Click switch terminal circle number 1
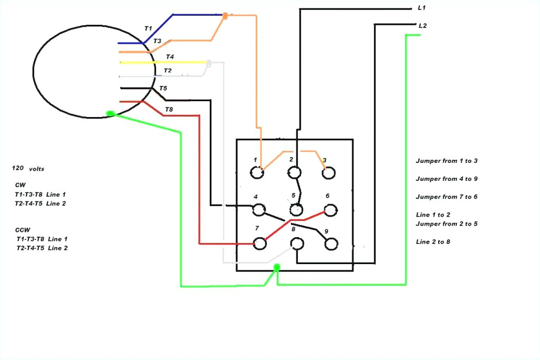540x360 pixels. tap(257, 172)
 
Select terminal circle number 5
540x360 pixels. tap(296, 210)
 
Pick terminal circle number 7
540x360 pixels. tap(259, 244)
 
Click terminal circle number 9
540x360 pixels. tap(331, 244)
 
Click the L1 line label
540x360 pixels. tap(421, 8)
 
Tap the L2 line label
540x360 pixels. tap(422, 25)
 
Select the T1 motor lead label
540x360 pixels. tap(148, 28)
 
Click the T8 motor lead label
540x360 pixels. tap(169, 109)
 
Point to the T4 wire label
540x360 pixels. tap(170, 56)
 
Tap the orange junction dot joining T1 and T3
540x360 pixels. tap(226, 16)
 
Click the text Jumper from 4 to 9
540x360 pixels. tap(446, 179)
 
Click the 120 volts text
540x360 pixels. tap(28, 169)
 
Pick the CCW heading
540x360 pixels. tap(23, 230)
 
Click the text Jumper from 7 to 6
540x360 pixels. tap(446, 197)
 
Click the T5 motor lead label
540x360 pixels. tap(163, 88)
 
